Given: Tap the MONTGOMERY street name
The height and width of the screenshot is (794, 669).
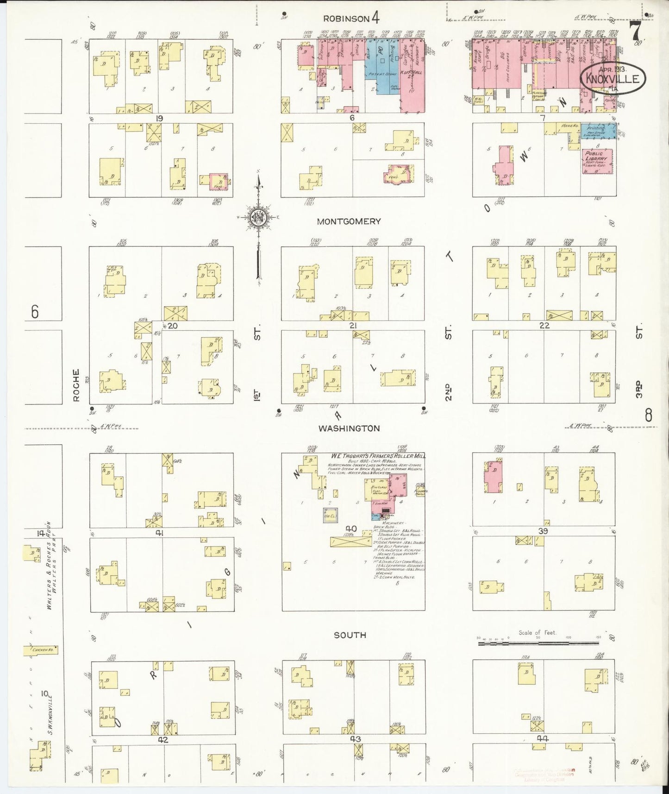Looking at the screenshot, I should pyautogui.click(x=349, y=221).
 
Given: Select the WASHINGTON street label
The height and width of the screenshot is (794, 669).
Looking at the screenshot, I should pyautogui.click(x=349, y=429).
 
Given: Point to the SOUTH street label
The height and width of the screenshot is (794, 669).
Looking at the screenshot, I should pyautogui.click(x=350, y=635).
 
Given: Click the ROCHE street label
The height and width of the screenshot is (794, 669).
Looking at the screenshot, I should pyautogui.click(x=76, y=385).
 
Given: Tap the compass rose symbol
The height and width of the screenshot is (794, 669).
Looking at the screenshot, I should pyautogui.click(x=259, y=218).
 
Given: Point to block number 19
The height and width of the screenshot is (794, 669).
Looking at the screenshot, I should pyautogui.click(x=159, y=119).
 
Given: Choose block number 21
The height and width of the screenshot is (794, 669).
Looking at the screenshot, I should pyautogui.click(x=353, y=326).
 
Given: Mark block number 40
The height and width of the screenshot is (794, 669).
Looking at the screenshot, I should pyautogui.click(x=351, y=529).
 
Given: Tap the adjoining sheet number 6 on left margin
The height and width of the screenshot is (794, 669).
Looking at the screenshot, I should pyautogui.click(x=35, y=312).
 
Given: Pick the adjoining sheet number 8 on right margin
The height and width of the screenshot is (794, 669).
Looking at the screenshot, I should pyautogui.click(x=648, y=416).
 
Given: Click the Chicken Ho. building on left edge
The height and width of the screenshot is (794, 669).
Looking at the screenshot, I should pyautogui.click(x=42, y=651).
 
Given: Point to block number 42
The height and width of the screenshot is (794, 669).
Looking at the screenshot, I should pyautogui.click(x=163, y=740).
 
